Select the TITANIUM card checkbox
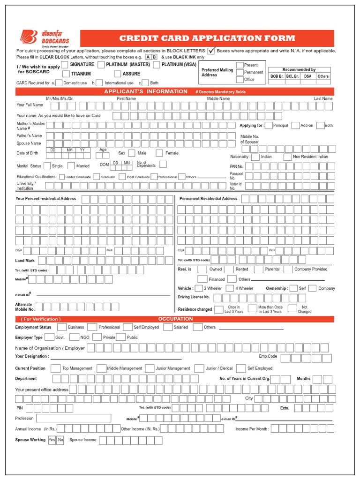click(x=66, y=74)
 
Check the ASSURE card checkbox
click(x=118, y=74)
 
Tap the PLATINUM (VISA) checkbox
click(x=157, y=64)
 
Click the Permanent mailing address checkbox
click(x=240, y=72)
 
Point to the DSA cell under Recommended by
click(x=307, y=76)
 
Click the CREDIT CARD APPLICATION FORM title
click(x=207, y=38)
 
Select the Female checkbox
click(x=159, y=153)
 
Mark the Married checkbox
click(x=71, y=165)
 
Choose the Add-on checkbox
click(x=295, y=125)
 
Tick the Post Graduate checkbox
click(x=122, y=177)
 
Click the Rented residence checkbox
click(x=228, y=270)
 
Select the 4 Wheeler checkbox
click(x=229, y=288)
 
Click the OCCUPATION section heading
click(x=175, y=319)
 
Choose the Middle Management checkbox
click(x=101, y=368)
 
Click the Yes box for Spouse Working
click(x=52, y=440)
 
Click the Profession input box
click(x=73, y=418)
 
